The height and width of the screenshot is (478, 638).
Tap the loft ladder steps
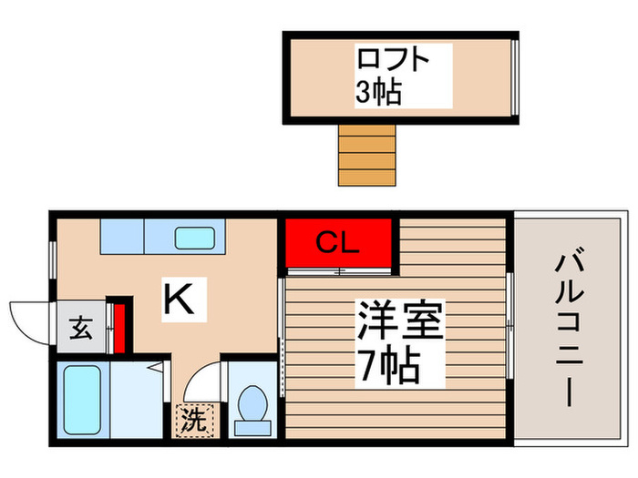(x=367, y=152)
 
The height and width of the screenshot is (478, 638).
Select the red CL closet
(x=338, y=243)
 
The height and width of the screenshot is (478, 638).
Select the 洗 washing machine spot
(x=192, y=421)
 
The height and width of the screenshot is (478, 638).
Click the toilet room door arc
(x=205, y=377)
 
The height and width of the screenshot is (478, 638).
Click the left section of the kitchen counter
(x=122, y=237)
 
